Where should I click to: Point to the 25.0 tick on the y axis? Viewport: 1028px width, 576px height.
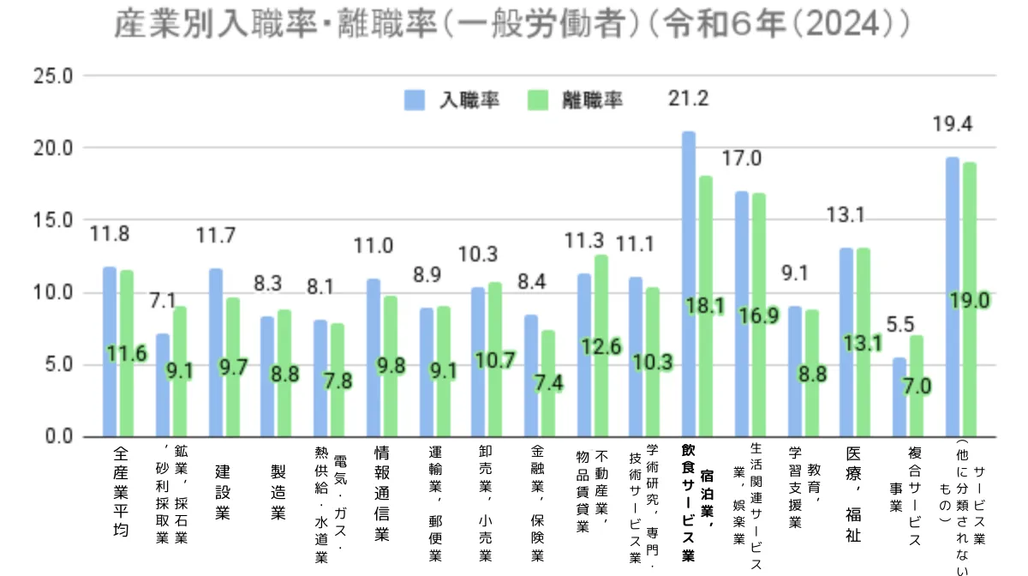pos(52,76)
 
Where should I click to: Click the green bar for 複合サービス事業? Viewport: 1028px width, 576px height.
pos(917,386)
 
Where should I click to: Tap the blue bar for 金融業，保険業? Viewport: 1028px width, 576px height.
pos(531,376)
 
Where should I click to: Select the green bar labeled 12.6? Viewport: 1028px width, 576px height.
pos(601,346)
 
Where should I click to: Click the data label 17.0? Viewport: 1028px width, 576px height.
pos(742,159)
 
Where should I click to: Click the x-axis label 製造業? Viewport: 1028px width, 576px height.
pos(278,492)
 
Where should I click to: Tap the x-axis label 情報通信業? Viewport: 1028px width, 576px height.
pos(382,492)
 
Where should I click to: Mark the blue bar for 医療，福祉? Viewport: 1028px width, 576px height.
pos(846,343)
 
